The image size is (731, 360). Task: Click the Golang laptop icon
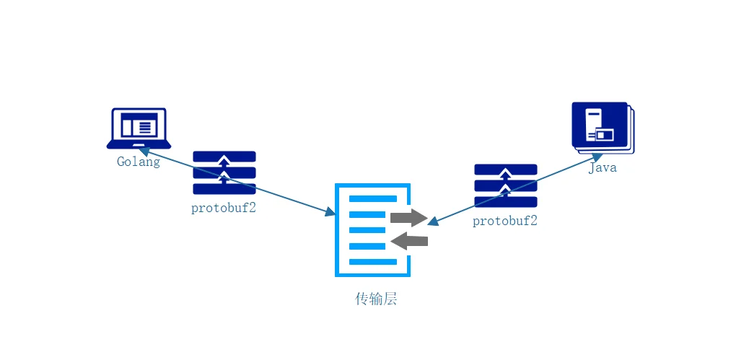[x=139, y=128]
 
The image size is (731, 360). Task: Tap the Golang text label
[x=139, y=162]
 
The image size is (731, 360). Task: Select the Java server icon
[x=602, y=126]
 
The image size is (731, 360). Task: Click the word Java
[x=603, y=168]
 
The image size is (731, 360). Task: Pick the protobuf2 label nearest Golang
[x=224, y=208]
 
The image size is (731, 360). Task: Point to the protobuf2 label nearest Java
[x=505, y=221]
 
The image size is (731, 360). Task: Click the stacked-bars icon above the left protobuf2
[x=224, y=172]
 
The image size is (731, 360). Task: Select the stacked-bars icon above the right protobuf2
[x=505, y=185]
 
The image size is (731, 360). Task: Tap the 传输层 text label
[x=376, y=299]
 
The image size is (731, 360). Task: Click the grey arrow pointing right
[x=408, y=217]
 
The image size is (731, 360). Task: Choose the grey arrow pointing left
[x=409, y=240]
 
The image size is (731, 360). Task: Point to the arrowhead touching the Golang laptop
[x=144, y=152]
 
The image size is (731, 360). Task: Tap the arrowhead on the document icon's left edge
[x=331, y=212]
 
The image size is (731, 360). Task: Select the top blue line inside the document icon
[x=373, y=198]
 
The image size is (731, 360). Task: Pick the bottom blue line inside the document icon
[x=373, y=261]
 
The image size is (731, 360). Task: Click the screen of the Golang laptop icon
[x=139, y=126]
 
